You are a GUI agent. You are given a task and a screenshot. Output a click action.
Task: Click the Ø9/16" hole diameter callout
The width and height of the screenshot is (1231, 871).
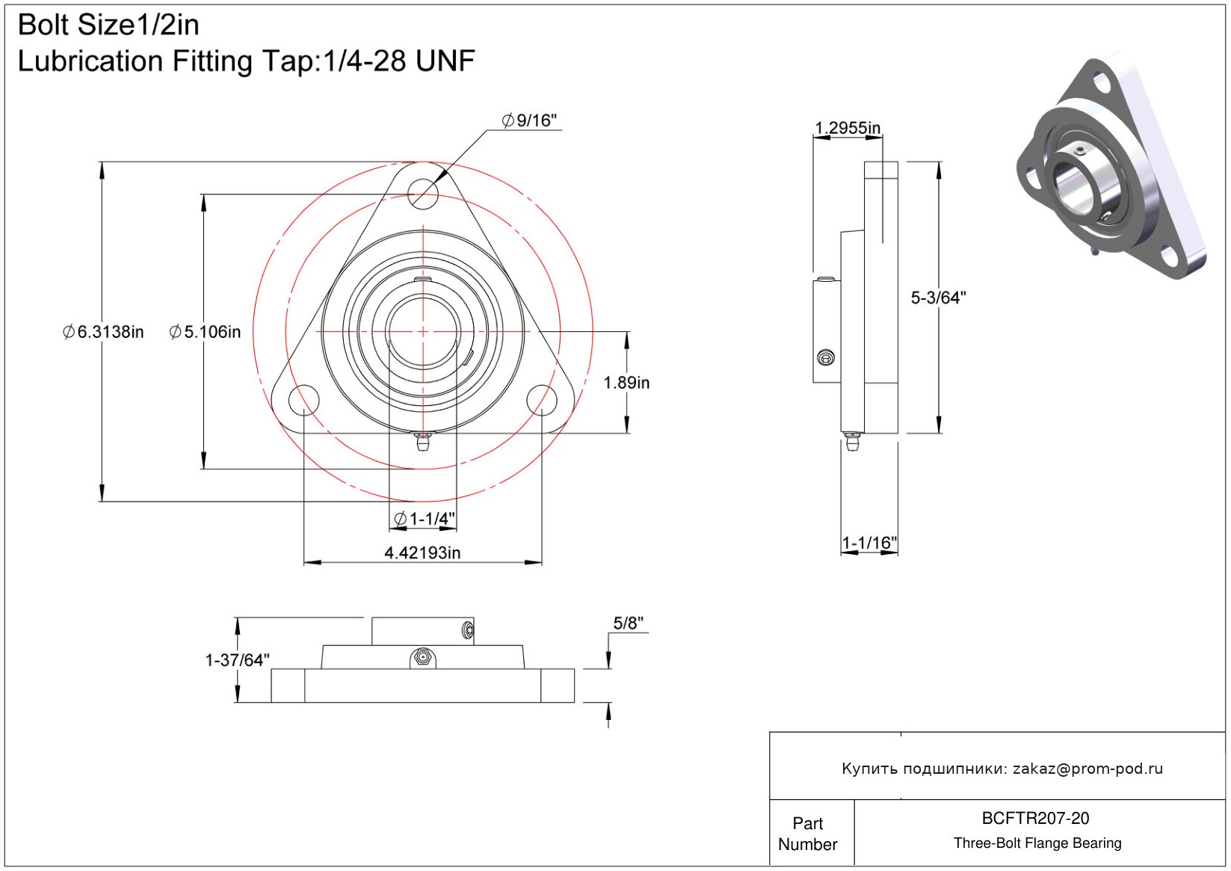[x=530, y=120]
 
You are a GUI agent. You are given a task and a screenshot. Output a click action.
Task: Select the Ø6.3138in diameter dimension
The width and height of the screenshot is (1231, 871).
[x=103, y=332]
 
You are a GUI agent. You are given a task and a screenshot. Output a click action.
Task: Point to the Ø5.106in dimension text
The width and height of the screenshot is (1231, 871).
[x=206, y=332]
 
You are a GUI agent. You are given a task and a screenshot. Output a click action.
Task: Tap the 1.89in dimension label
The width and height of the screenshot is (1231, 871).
[x=626, y=383]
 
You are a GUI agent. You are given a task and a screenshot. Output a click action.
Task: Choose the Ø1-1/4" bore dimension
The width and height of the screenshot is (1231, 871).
[x=425, y=518]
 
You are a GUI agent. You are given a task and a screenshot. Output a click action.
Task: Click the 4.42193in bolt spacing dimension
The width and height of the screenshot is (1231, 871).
[x=422, y=553]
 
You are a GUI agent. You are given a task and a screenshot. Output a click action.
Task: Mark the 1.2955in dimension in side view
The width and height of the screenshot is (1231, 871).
[x=848, y=128]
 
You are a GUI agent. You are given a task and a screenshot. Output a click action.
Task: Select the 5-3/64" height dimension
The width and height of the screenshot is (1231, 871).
[x=938, y=298]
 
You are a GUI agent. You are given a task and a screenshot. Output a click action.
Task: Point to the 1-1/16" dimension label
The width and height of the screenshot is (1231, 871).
[x=869, y=543]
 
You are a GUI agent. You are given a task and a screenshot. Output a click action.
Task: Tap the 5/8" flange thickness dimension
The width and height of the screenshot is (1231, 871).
[x=628, y=623]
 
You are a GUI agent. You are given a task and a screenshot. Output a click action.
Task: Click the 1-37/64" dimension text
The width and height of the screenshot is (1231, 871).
[x=237, y=660]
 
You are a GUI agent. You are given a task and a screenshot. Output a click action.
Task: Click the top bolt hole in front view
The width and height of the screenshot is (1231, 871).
[x=423, y=194]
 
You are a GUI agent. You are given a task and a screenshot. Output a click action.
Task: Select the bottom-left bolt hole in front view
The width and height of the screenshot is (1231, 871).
[x=303, y=400]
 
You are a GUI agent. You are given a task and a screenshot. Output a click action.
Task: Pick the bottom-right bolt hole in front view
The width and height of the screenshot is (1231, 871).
[x=542, y=400]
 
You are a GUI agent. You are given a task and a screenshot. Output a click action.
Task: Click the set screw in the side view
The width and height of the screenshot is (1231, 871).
[x=826, y=358]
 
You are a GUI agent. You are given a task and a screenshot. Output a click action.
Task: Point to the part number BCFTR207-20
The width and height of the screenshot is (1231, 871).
[x=1035, y=818]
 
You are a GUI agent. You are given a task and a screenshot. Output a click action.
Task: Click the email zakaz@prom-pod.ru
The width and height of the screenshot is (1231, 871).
[x=1087, y=769]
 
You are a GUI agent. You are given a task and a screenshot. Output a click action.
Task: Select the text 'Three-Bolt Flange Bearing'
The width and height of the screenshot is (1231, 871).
[x=1037, y=843]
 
